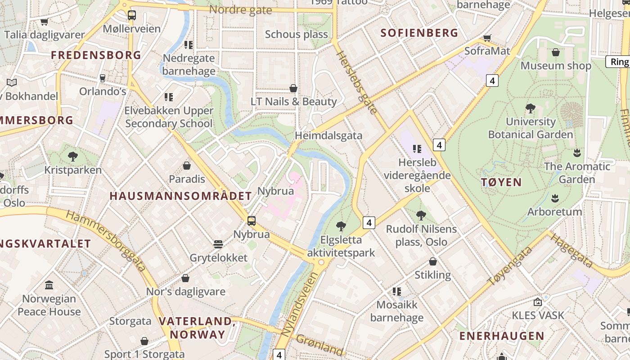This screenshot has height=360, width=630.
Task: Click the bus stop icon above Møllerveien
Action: (x=131, y=15)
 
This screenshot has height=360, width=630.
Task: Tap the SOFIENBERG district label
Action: (x=419, y=33)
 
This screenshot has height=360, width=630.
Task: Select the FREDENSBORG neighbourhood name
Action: (x=96, y=55)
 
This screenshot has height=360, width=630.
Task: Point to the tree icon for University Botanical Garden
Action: (x=531, y=108)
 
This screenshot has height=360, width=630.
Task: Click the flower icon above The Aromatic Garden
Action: (x=577, y=153)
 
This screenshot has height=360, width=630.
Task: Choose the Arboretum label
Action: (x=554, y=211)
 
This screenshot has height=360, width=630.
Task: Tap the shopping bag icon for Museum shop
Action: (x=556, y=53)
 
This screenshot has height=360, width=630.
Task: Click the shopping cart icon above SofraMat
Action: (x=487, y=38)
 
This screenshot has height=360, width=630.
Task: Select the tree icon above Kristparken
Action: (x=73, y=157)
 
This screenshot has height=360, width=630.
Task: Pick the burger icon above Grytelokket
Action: (x=218, y=244)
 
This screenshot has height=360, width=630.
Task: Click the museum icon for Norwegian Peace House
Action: (x=49, y=285)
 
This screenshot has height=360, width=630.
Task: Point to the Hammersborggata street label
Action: (x=106, y=240)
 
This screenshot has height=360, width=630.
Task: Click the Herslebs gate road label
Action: (x=356, y=82)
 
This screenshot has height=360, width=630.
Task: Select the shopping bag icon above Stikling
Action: (x=433, y=261)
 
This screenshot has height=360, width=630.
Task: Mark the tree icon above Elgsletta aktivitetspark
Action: (x=341, y=226)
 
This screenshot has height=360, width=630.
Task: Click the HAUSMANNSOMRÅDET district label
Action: (x=181, y=196)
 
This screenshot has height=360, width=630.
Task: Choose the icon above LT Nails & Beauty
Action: (x=293, y=88)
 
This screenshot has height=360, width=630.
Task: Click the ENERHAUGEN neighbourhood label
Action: (x=501, y=336)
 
